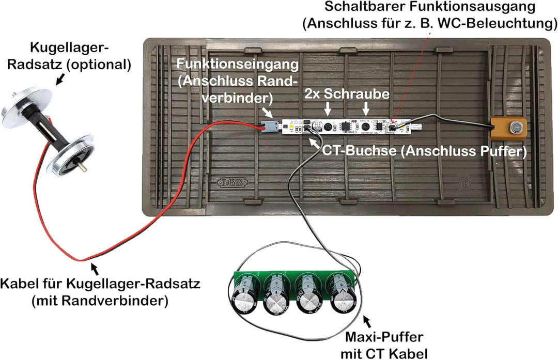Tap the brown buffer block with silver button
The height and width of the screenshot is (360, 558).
click(x=508, y=128)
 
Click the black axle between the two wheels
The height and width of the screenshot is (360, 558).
click(x=50, y=129)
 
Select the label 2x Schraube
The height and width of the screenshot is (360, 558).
click(x=346, y=93)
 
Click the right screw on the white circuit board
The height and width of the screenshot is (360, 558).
click(x=366, y=126)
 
